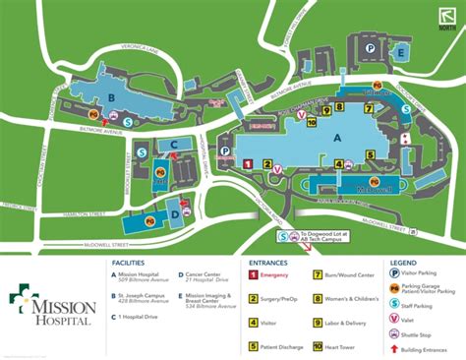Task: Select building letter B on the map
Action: click(x=111, y=97)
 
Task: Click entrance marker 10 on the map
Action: click(x=311, y=122)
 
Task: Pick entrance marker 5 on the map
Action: click(x=372, y=153)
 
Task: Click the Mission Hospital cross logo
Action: click(x=25, y=302)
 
